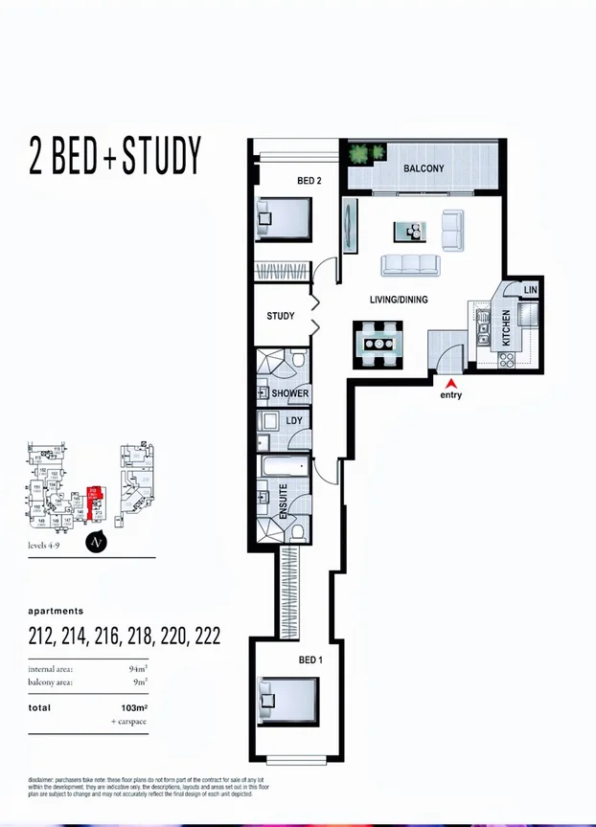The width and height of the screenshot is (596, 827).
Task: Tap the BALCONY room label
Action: pos(423,168)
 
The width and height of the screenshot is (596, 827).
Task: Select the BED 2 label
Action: pos(309,181)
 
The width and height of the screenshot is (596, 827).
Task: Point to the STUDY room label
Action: pos(281,317)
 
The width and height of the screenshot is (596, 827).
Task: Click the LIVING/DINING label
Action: pos(399,301)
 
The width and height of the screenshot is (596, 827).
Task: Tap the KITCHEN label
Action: pos(507,328)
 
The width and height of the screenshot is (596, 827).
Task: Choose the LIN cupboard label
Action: pos(530,289)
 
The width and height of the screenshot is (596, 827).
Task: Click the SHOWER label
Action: pos(289,393)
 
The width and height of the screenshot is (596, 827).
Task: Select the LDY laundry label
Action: pos(294,421)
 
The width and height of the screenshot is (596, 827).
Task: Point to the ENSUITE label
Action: pos(283,501)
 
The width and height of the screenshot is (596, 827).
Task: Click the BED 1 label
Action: pos(309,660)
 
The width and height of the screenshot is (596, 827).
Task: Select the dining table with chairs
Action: pos(381,342)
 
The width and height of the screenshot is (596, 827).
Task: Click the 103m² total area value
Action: pos(141,708)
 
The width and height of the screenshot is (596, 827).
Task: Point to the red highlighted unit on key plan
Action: pos(94,501)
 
